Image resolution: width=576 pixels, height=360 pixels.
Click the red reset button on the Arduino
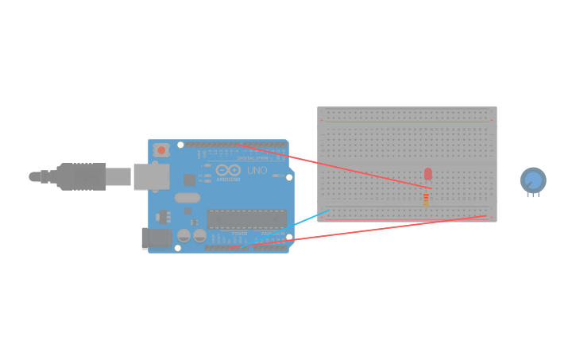(161, 149)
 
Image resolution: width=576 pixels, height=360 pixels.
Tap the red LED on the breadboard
(427, 173)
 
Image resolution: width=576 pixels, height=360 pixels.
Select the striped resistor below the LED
(427, 199)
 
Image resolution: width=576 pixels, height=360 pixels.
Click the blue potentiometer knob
(533, 180)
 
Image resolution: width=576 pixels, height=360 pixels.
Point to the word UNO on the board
(257, 171)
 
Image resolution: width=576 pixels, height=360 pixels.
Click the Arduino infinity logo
(227, 170)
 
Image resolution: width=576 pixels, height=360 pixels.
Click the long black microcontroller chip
(246, 219)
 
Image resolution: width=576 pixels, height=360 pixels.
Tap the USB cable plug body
(79, 176)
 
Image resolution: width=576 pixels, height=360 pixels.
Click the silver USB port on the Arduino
(148, 176)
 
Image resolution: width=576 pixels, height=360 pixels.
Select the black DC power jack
(156, 238)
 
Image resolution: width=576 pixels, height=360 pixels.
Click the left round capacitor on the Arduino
(184, 236)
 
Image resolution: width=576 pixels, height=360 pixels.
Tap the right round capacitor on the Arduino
(199, 236)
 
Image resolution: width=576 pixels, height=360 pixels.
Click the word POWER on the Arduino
(239, 234)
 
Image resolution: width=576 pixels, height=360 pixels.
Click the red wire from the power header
(358, 232)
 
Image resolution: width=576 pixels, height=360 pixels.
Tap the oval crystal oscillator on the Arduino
(187, 197)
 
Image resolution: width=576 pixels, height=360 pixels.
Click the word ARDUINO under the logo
(227, 180)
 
